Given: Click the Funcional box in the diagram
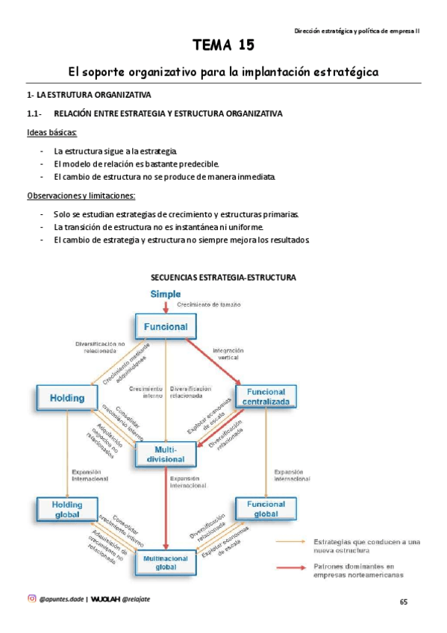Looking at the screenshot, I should tap(165, 326).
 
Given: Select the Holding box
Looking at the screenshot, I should tap(67, 398).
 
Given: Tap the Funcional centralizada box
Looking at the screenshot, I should tap(266, 397).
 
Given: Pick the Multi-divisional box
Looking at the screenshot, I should tap(165, 455).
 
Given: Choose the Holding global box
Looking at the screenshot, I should tap(67, 509).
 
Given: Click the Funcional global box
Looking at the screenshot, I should tap(266, 509).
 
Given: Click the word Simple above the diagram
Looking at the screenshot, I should tap(166, 294).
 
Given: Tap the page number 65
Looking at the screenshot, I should tap(404, 602).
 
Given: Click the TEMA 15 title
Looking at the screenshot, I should tap(224, 46).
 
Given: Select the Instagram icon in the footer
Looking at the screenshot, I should tap(31, 598).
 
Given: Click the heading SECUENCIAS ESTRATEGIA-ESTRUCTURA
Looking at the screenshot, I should tap(224, 278).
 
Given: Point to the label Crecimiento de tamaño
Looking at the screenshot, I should tap(210, 305).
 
